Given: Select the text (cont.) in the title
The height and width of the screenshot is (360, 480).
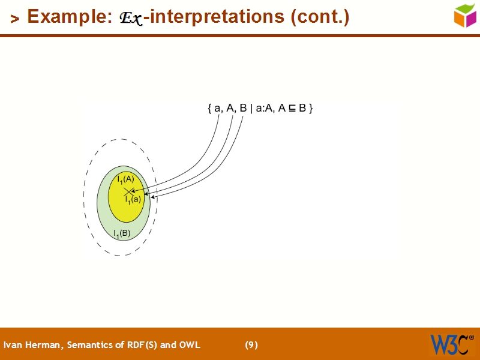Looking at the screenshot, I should pos(319,17).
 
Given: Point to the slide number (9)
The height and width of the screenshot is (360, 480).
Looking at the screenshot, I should pos(251,344).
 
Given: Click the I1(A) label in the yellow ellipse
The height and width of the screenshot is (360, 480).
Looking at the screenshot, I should pos(125,179).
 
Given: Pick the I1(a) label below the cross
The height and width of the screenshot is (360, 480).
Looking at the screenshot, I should pos(133,199).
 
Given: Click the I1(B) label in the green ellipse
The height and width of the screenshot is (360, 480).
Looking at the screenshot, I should pos(122,233).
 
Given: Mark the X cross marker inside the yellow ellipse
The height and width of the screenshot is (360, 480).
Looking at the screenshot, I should pos(128,191).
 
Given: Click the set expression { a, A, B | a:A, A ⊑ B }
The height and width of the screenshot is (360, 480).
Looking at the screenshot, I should pos(260,109).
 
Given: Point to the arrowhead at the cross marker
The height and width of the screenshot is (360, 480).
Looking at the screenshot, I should pos(133,191).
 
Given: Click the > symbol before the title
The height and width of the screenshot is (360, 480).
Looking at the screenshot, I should pos(15,19).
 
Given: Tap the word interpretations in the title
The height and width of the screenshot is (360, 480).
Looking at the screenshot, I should pos(217,17).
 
